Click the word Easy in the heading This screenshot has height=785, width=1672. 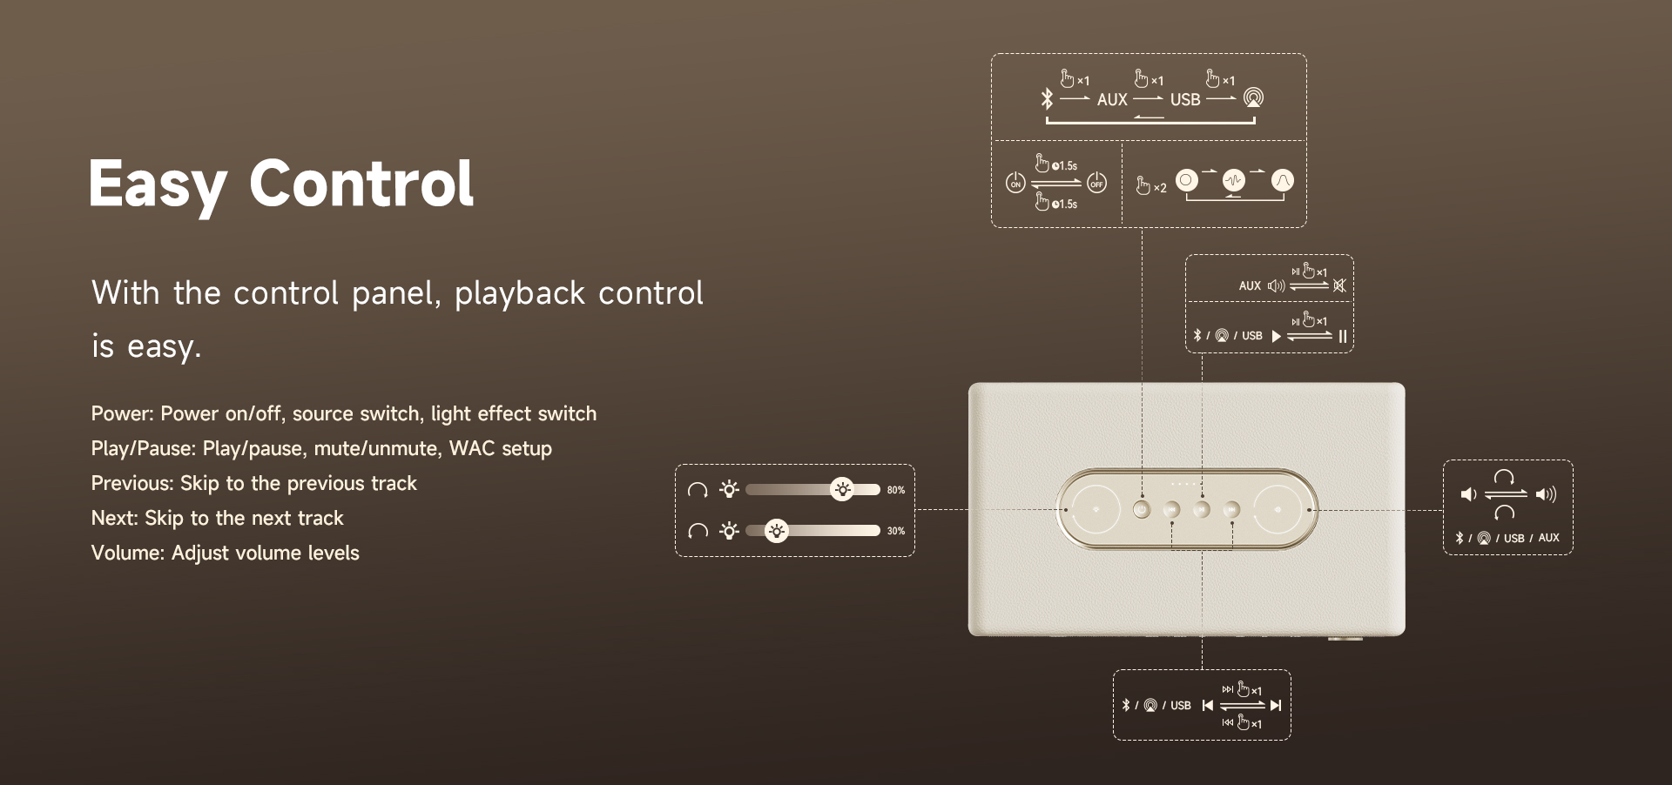(x=158, y=185)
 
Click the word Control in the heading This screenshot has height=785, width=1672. (x=361, y=183)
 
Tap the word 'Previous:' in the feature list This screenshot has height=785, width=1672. (x=132, y=483)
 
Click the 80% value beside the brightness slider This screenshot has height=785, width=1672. (x=896, y=490)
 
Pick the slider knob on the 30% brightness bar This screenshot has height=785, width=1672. (x=776, y=530)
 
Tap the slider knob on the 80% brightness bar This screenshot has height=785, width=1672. (x=842, y=489)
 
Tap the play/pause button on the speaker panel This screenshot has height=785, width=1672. (x=1202, y=509)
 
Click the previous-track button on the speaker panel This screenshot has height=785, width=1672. (x=1172, y=509)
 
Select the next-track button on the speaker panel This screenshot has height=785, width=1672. (x=1231, y=509)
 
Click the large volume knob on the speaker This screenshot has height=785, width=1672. (x=1278, y=509)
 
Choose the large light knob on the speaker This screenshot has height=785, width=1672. (x=1096, y=509)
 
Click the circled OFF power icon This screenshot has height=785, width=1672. (x=1096, y=183)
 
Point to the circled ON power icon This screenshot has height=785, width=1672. (x=1015, y=183)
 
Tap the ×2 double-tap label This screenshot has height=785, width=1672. (x=1160, y=188)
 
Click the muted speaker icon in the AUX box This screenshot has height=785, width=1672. (x=1339, y=285)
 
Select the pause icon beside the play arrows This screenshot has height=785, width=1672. (x=1343, y=336)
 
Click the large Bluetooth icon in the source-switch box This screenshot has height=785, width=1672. (x=1047, y=99)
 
